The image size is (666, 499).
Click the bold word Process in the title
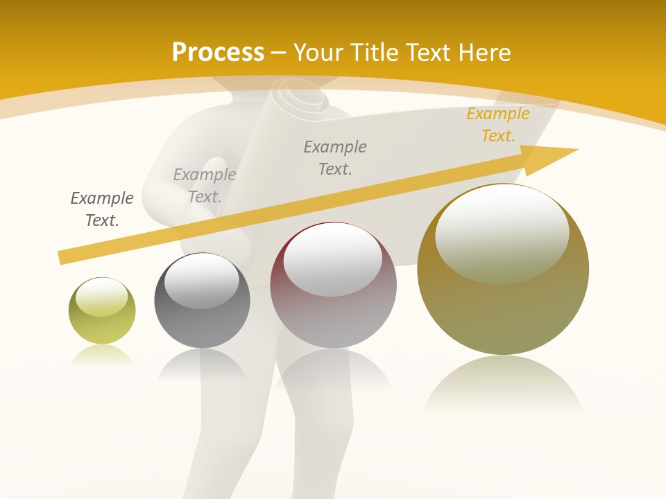[x=218, y=53]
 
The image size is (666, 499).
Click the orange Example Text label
[x=497, y=125]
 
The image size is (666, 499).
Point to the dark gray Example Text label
[x=102, y=209]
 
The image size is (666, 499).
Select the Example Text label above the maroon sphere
[x=335, y=157]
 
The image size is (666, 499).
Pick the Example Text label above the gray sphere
[x=205, y=185]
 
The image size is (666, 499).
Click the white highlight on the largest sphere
[x=502, y=232]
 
